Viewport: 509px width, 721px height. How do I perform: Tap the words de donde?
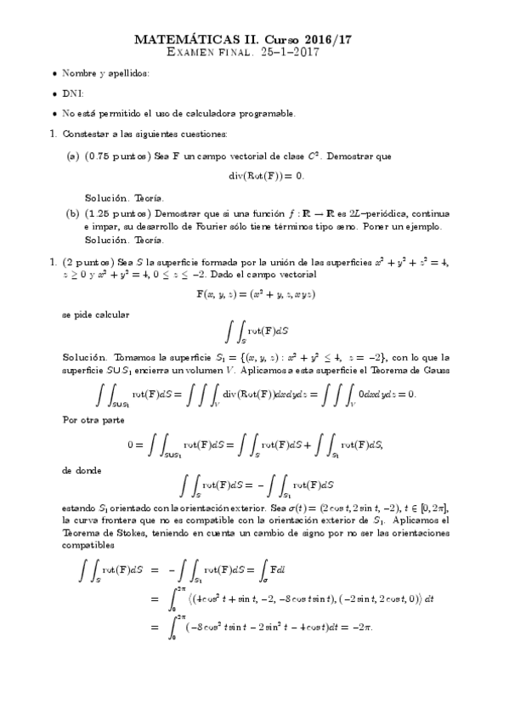(82, 468)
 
